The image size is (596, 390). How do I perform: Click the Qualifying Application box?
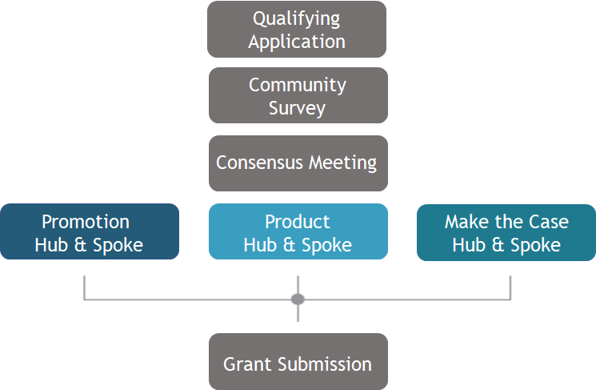point(297,30)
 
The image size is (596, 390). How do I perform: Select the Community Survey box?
point(298,95)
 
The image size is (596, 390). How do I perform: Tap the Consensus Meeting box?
point(298,163)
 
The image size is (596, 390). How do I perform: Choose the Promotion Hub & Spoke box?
point(90,231)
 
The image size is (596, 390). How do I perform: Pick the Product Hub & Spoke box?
point(298,231)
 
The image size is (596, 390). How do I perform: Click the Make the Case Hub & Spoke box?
point(506,232)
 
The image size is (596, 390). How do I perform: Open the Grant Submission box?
point(298,361)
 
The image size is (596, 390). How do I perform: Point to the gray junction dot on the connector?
point(298,299)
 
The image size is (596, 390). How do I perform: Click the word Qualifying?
point(297,19)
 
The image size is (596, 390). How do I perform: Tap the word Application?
point(297,42)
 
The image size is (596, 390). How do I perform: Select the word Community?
point(298,85)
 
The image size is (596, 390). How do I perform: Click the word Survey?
point(298,108)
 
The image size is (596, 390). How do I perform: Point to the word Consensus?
point(259,163)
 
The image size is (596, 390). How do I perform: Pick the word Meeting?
point(343,163)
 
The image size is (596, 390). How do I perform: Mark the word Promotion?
point(86,222)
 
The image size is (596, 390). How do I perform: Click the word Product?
point(298,222)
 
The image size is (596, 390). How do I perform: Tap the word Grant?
point(247,364)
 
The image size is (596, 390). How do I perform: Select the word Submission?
point(325,364)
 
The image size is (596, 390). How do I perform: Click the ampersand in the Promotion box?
point(80,245)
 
